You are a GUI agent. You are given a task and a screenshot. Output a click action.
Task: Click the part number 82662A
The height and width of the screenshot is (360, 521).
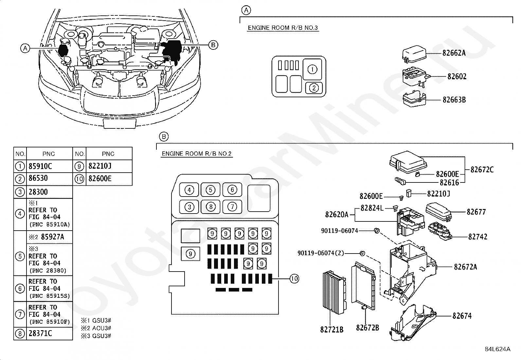point(454,53)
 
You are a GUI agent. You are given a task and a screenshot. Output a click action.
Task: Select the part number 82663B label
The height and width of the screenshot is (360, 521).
point(454,100)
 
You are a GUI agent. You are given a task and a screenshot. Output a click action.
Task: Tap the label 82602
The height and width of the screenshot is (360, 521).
point(457,76)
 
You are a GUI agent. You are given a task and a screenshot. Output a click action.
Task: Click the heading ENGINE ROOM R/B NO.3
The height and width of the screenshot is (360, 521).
point(283,28)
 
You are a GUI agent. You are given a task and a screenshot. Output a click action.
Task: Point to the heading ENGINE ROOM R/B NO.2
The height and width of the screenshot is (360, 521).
point(197,154)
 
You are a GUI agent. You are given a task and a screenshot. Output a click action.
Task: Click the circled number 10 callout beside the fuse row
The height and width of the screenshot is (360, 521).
point(294,278)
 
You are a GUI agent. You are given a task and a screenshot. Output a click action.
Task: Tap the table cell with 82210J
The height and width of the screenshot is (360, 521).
point(109,166)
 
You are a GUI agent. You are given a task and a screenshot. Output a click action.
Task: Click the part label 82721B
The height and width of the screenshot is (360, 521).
point(332,330)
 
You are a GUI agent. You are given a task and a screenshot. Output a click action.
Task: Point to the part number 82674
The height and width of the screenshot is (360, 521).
point(462,316)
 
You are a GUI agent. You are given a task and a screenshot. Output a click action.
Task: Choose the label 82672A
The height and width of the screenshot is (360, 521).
point(465,267)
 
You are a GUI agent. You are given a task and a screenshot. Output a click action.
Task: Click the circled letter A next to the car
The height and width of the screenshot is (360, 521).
point(25,48)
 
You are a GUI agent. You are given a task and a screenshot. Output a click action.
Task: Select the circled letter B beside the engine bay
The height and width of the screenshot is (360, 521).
point(213,45)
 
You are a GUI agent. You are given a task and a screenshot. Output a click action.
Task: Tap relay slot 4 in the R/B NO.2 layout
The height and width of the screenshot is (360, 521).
point(189,190)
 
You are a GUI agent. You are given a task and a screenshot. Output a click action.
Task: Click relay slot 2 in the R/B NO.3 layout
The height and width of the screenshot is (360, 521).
point(314,88)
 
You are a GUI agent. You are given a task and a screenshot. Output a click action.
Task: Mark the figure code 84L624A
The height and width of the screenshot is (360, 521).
point(498,349)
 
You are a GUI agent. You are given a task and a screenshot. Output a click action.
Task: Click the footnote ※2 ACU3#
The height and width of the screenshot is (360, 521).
point(96,328)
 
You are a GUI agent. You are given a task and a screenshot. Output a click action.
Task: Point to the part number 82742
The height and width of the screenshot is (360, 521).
point(478,237)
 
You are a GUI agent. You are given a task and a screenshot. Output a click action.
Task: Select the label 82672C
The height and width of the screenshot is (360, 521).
point(482,170)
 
